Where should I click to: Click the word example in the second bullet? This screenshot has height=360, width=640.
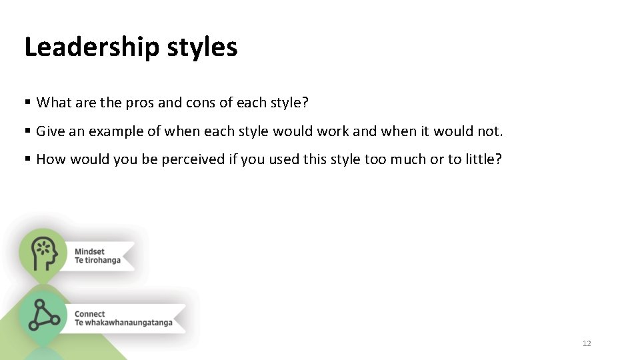(x=115, y=131)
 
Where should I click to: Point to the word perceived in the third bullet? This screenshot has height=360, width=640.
(x=193, y=159)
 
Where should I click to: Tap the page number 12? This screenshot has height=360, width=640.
(x=587, y=343)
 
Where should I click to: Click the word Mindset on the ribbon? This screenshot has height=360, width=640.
(x=89, y=252)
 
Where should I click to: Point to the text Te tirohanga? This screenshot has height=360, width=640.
(x=97, y=260)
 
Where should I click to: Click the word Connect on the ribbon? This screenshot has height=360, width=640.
(x=90, y=314)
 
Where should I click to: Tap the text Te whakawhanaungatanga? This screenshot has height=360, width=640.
(x=123, y=323)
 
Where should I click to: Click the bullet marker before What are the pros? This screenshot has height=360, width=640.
(x=27, y=103)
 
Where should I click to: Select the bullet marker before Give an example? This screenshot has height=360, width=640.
(x=27, y=131)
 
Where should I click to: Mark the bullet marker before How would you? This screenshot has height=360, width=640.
(x=27, y=159)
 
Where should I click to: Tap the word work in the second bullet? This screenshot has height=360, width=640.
(x=334, y=131)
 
